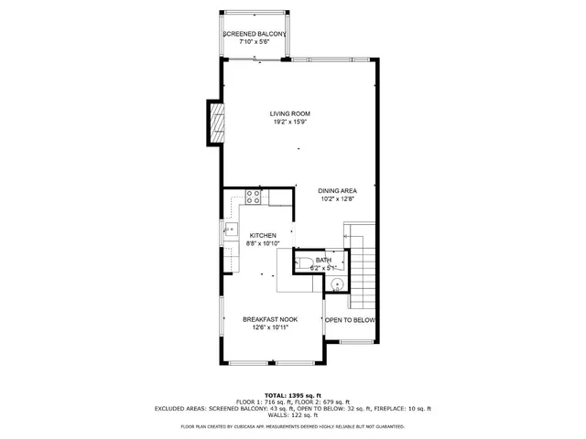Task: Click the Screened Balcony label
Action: pyautogui.click(x=255, y=34)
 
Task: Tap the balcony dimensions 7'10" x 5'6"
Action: pyautogui.click(x=255, y=42)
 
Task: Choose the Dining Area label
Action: pyautogui.click(x=337, y=189)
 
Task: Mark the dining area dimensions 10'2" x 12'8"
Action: pyautogui.click(x=337, y=198)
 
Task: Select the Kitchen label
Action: pyautogui.click(x=263, y=235)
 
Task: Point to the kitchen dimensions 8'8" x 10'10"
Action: pyautogui.click(x=263, y=243)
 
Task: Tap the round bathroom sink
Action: pyautogui.click(x=337, y=285)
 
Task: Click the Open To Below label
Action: pyautogui.click(x=350, y=320)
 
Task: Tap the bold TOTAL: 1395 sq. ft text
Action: pyautogui.click(x=293, y=395)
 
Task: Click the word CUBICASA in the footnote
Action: pyautogui.click(x=260, y=426)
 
